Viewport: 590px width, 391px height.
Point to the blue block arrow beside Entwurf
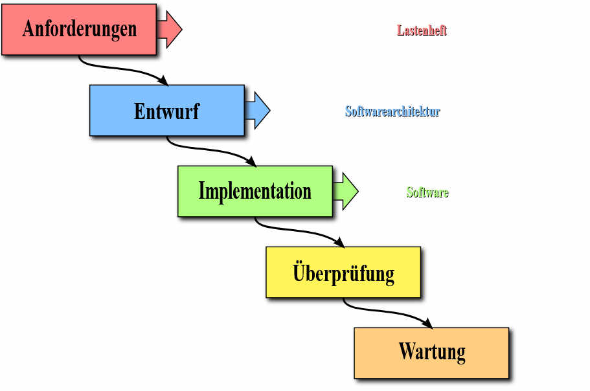click(x=258, y=111)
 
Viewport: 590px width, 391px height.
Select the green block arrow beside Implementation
click(x=346, y=191)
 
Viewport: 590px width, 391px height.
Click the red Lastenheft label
click(x=422, y=30)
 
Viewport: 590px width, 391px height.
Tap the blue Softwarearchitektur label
click(x=392, y=111)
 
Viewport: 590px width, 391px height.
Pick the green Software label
click(x=427, y=192)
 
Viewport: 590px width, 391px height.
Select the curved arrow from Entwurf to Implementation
click(x=211, y=150)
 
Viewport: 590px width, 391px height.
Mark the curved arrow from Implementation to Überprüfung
click(x=299, y=231)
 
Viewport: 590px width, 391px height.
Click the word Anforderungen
click(x=80, y=29)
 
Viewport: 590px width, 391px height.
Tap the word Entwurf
click(x=166, y=111)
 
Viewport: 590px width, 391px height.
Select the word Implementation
click(x=255, y=191)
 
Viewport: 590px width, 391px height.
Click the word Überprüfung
click(x=343, y=272)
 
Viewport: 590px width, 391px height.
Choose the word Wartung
click(x=432, y=352)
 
